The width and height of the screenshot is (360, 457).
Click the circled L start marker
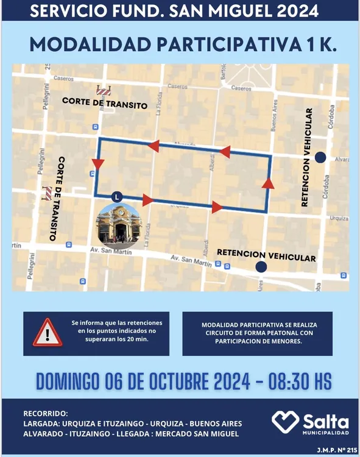117,197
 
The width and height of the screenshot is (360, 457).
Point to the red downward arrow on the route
98,164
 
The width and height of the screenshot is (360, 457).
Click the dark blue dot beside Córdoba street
320,157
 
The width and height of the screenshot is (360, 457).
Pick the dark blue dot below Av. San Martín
261,267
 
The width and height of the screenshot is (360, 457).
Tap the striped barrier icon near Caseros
104,91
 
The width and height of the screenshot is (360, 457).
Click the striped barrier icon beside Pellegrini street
47,193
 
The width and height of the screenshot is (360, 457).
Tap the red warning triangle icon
47,333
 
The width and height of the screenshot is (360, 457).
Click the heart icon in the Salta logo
285,421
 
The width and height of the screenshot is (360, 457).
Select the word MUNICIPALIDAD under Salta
326,433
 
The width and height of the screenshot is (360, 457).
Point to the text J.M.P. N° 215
333,450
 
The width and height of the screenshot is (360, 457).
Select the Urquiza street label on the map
339,218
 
